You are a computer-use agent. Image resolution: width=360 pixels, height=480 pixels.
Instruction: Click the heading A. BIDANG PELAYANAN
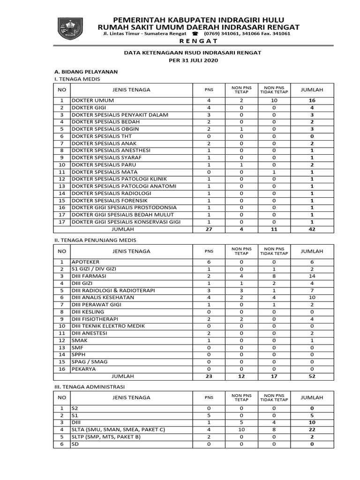[86, 72]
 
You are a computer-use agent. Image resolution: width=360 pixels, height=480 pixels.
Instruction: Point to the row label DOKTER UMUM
[92, 100]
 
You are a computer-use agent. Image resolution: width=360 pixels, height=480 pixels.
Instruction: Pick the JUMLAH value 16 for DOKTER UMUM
[312, 100]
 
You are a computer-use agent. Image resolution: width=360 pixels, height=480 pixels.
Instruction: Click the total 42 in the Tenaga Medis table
[312, 229]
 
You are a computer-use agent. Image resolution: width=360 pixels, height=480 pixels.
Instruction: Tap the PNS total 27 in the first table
[209, 229]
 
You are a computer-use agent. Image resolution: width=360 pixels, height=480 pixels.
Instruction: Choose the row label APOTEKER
[85, 262]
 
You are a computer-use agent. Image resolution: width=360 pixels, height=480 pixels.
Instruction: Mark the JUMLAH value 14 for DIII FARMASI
[312, 276]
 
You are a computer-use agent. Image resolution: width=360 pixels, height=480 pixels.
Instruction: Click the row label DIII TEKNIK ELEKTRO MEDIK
[108, 326]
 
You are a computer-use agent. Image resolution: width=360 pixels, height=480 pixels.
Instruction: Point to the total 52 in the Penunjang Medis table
[312, 376]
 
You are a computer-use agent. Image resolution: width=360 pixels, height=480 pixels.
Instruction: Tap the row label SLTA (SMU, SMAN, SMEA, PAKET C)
[118, 429]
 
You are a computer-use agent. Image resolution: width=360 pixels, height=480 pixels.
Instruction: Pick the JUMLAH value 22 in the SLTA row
[312, 429]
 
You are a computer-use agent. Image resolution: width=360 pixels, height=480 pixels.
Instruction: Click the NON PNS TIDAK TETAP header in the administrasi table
[274, 397]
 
